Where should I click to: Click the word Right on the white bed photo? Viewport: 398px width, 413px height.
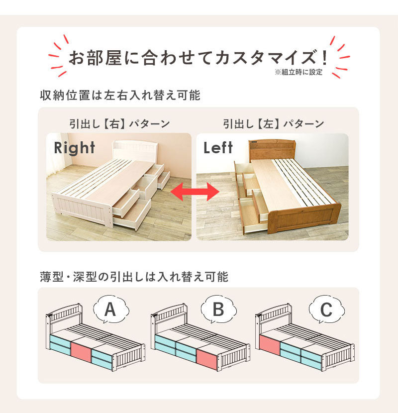pyautogui.click(x=74, y=148)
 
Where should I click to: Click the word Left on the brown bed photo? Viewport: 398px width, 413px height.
pyautogui.click(x=218, y=147)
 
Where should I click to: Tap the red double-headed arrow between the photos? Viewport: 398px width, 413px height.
pyautogui.click(x=195, y=192)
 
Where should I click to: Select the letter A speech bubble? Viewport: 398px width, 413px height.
pyautogui.click(x=111, y=309)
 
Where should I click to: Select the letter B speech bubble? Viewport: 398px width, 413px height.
pyautogui.click(x=218, y=309)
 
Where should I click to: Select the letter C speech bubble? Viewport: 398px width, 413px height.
pyautogui.click(x=327, y=309)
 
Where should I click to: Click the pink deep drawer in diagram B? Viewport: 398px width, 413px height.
pyautogui.click(x=207, y=360)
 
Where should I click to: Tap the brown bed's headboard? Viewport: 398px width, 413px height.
pyautogui.click(x=272, y=150)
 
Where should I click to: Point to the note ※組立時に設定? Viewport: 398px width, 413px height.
pyautogui.click(x=298, y=72)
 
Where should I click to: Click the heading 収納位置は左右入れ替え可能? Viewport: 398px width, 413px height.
pyautogui.click(x=120, y=95)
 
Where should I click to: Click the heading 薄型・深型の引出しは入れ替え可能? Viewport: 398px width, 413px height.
pyautogui.click(x=134, y=277)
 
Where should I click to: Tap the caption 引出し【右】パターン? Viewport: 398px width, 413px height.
pyautogui.click(x=120, y=124)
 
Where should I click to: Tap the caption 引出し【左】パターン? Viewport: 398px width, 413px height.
pyautogui.click(x=274, y=124)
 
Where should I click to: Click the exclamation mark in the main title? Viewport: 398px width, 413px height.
pyautogui.click(x=324, y=58)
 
